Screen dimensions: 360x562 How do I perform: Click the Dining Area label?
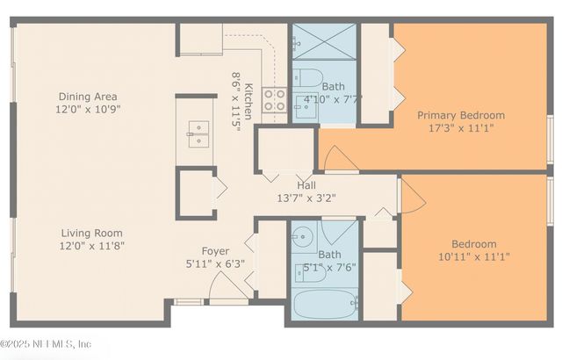tap(88, 97)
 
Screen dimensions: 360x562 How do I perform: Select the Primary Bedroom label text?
tap(460, 115)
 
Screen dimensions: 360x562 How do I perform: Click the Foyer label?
tap(215, 251)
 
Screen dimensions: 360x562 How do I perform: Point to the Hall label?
tap(306, 185)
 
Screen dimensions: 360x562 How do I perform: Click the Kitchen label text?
tap(249, 100)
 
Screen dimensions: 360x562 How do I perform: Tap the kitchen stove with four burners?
tap(274, 99)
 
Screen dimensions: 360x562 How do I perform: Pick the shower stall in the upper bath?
tap(324, 40)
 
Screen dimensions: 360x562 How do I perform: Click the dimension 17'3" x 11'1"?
tap(460, 128)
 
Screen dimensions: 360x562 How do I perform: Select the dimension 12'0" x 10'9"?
tap(88, 110)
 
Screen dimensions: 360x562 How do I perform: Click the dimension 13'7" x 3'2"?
tap(306, 198)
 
